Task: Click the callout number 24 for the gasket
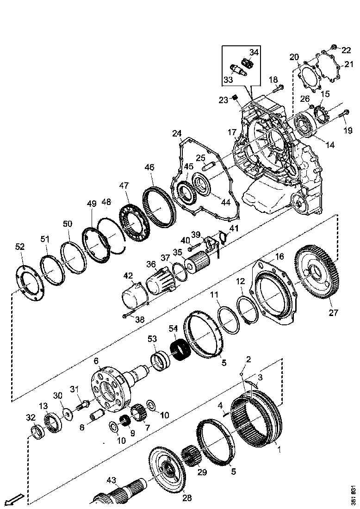click(177, 134)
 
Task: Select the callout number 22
click(347, 49)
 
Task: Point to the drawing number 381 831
click(353, 495)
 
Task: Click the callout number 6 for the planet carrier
click(96, 361)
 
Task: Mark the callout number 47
click(124, 186)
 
